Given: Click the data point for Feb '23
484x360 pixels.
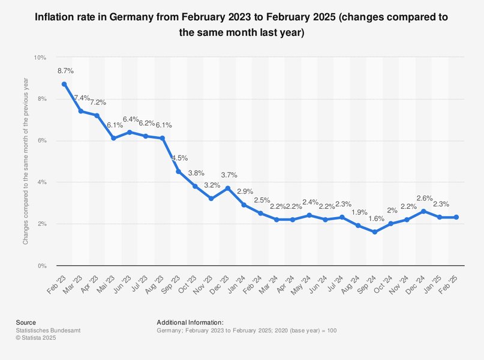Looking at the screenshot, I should (64, 84).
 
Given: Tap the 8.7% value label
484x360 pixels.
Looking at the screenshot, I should (65, 71).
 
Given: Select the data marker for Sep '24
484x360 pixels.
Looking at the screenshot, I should (374, 232).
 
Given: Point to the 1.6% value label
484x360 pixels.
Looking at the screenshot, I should (375, 218).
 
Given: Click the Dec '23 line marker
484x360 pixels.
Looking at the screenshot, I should (227, 188).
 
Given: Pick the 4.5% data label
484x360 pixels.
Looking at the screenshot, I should (179, 158).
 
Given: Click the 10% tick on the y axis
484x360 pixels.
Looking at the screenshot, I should (40, 58).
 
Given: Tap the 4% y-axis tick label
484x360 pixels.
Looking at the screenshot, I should (41, 182).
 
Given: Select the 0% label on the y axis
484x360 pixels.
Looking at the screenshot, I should (41, 266).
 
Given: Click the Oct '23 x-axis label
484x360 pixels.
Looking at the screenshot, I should (188, 282).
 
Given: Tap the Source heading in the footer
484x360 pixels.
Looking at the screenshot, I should (26, 322).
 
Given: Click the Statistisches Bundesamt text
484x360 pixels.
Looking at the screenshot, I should (48, 331).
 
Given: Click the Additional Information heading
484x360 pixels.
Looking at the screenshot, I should (190, 322).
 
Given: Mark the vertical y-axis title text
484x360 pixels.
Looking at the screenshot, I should (25, 162).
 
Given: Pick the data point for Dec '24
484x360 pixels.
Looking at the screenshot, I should (423, 211).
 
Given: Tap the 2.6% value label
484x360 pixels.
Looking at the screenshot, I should (425, 198).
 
